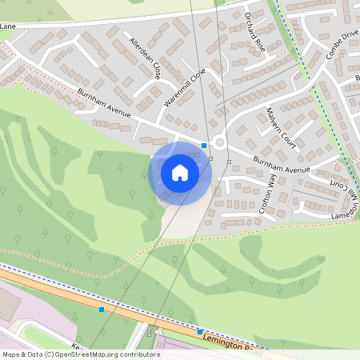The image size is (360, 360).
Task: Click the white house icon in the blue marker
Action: coord(180,172)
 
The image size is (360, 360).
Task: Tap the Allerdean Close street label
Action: coord(145,57)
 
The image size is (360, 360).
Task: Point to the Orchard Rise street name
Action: coord(255,32)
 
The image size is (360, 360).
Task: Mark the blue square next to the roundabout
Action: coord(205,146)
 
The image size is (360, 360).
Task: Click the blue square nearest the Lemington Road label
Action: coord(200,332)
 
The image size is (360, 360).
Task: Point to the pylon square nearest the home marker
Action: coord(210,158)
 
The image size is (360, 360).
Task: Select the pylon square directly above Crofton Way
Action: coord(229,162)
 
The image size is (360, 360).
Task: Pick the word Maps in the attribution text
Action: coord(11,354)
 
